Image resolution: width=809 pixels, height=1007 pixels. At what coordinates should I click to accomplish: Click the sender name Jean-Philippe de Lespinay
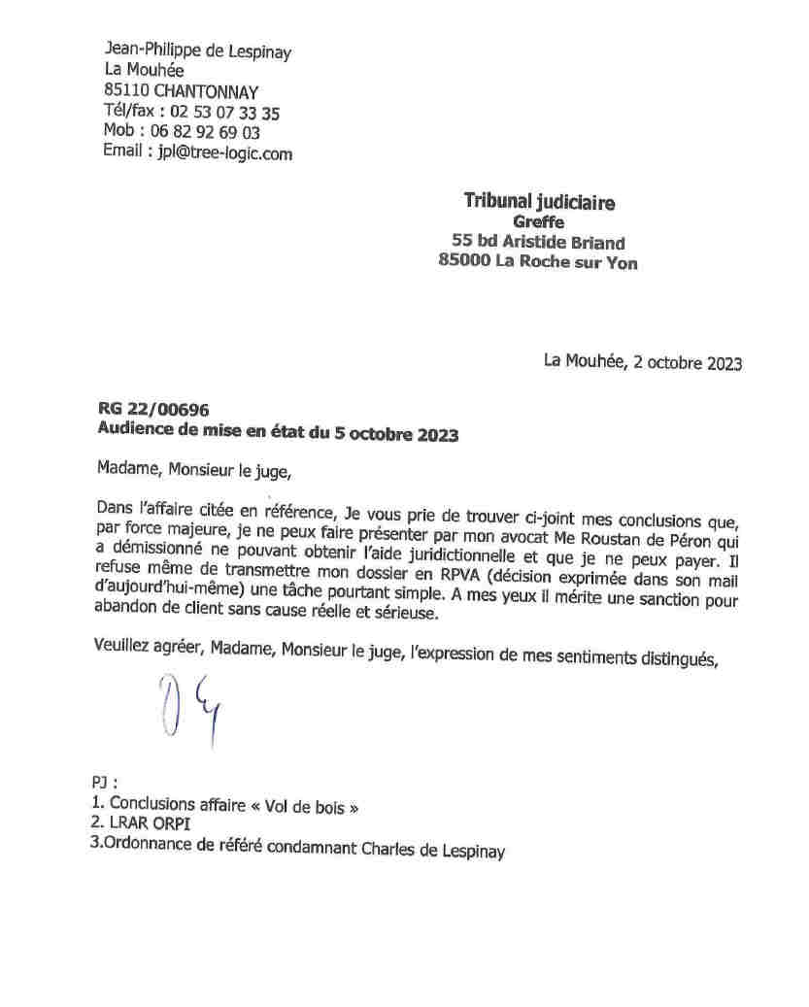(x=197, y=51)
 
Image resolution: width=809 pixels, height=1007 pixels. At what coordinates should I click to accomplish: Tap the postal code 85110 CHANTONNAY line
(x=181, y=91)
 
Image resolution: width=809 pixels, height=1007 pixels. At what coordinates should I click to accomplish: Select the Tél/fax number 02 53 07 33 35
(x=224, y=113)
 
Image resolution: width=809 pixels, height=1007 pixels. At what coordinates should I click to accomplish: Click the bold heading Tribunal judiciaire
(x=539, y=202)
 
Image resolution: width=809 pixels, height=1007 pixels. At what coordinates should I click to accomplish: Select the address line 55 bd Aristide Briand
(x=538, y=243)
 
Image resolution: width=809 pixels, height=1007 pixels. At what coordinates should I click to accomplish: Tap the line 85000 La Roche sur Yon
(x=539, y=262)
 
